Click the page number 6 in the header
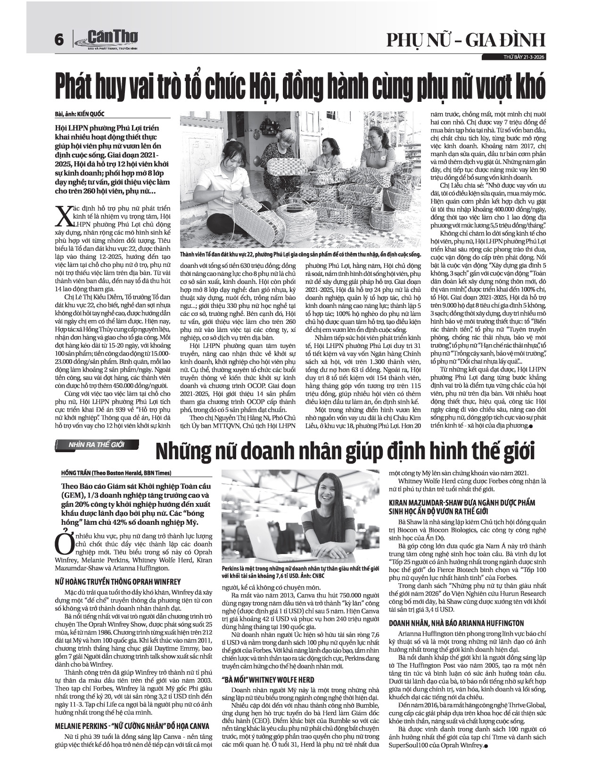point(59,41)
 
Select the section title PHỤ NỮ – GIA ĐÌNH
point(466,41)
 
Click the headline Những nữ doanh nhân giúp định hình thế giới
point(346,451)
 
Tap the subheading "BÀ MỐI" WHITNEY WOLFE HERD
point(267,680)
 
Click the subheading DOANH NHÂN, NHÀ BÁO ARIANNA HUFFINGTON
point(456,623)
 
